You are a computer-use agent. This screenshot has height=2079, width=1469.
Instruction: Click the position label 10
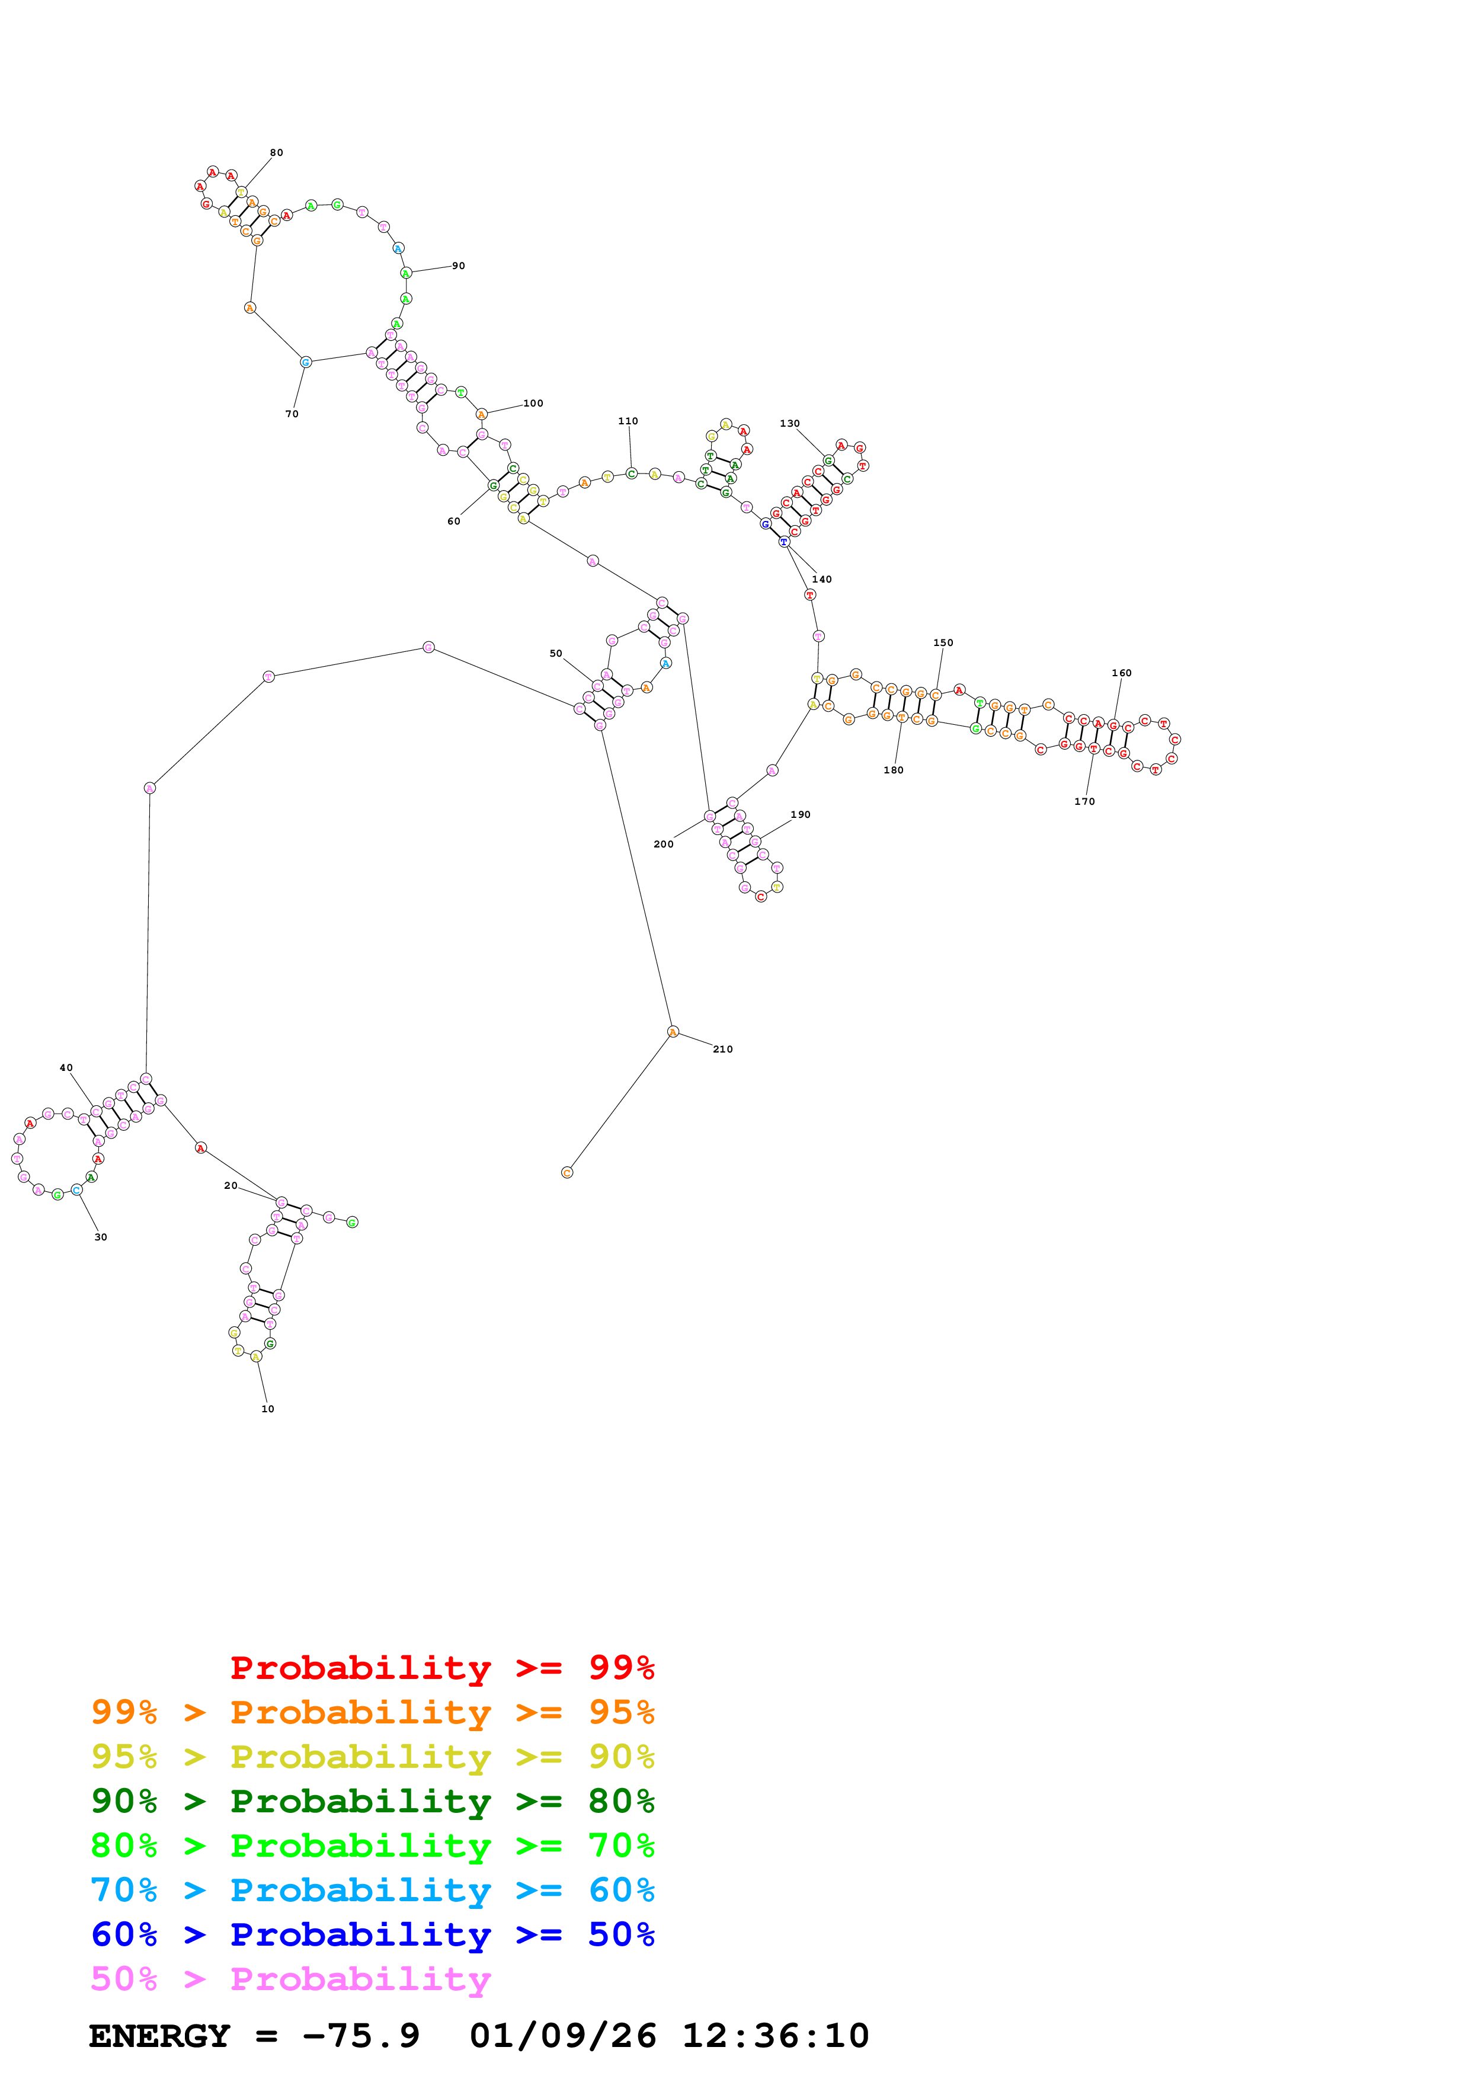tap(268, 1409)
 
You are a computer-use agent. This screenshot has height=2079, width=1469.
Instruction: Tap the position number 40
tap(66, 1067)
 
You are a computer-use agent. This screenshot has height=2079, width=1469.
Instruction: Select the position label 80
tap(276, 152)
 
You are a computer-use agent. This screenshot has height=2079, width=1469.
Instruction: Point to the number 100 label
tap(533, 403)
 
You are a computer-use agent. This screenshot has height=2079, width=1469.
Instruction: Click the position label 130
tap(789, 423)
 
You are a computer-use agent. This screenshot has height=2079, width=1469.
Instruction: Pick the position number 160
tap(1121, 673)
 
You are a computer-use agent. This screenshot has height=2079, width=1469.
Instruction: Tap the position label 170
tap(1084, 801)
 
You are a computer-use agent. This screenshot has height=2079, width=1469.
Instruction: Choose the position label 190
tap(800, 814)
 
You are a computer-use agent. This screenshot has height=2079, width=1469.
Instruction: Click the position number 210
tap(722, 1048)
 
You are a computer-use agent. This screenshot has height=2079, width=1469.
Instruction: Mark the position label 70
tap(292, 414)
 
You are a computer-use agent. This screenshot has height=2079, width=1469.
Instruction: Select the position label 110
tap(628, 421)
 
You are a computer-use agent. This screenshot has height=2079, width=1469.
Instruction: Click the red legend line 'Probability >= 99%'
tap(441, 1667)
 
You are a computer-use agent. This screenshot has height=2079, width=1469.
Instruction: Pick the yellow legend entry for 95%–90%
tap(372, 1756)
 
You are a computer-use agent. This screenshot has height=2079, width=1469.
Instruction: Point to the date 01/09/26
tap(563, 2036)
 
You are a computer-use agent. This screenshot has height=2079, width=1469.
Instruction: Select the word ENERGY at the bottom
tap(159, 2036)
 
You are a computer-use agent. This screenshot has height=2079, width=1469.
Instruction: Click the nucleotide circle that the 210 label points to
tap(673, 1031)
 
